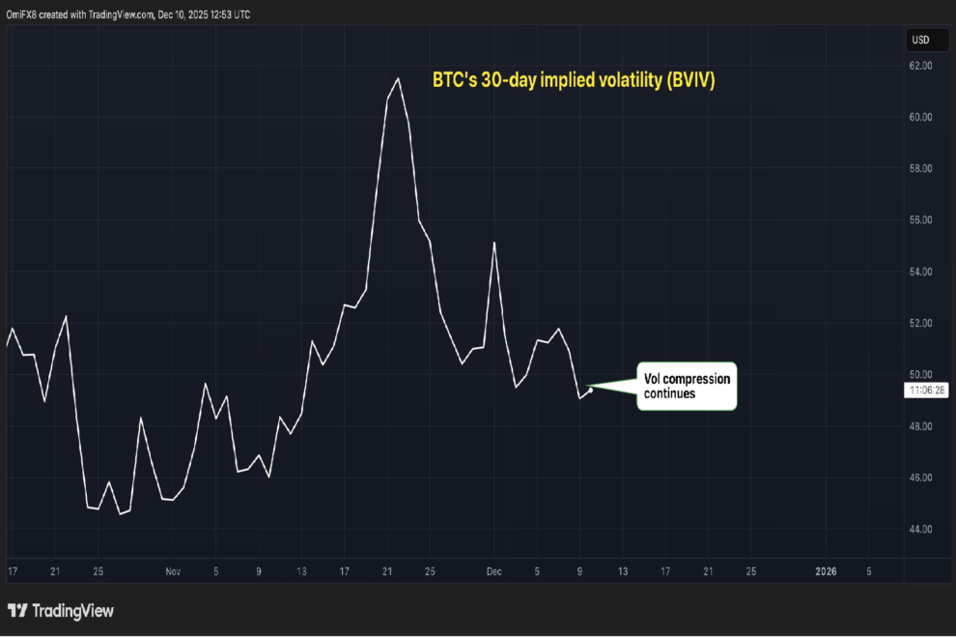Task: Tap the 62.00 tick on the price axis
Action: pos(920,66)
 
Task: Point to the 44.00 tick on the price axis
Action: pos(920,529)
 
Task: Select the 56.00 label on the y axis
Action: pos(920,220)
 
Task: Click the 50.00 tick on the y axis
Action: pos(920,375)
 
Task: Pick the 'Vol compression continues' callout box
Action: pos(686,386)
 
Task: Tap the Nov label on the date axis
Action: pos(172,571)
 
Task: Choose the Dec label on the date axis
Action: pos(493,571)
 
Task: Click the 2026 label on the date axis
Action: pos(826,571)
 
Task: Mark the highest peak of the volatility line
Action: pos(399,78)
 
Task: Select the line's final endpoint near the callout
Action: pos(590,390)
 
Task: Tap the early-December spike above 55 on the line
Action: pos(494,243)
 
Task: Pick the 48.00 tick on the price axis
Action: pos(920,426)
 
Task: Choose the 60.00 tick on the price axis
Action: pos(920,117)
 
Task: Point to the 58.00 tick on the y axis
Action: pos(920,169)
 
